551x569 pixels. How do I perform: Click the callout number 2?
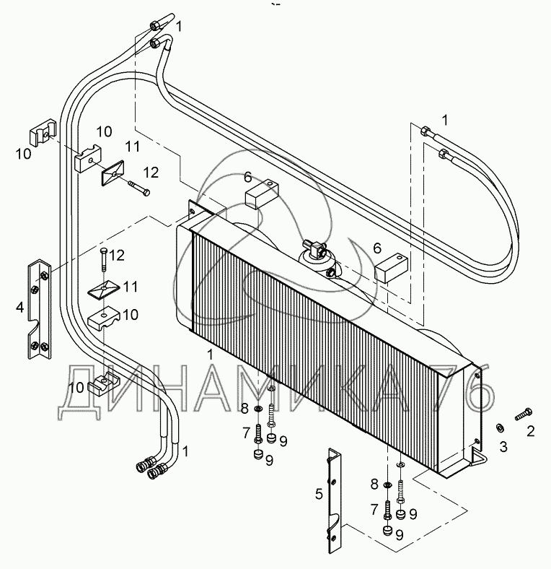coord(532,431)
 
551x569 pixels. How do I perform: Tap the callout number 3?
coord(503,447)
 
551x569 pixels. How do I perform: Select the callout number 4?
coord(20,307)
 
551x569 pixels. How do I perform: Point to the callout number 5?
coord(318,494)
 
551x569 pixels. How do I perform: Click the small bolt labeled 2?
coord(523,414)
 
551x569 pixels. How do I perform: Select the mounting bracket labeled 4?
coord(39,309)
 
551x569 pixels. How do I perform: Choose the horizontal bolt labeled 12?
coord(138,190)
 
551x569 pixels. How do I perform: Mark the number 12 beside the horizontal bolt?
coord(150,173)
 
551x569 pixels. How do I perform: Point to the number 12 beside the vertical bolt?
coord(117,255)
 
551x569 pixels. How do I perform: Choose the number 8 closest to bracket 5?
coord(374,483)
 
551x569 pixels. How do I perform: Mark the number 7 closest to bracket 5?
coord(374,510)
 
